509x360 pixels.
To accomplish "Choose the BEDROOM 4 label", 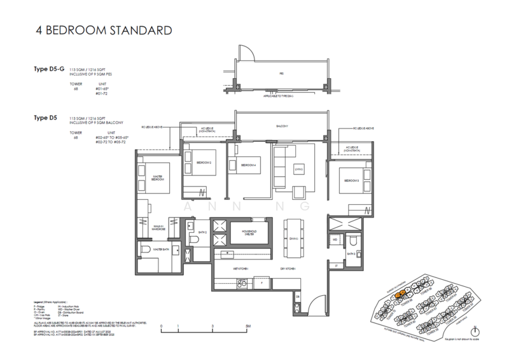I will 248,166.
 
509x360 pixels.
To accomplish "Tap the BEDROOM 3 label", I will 351,181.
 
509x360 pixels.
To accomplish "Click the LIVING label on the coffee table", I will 296,169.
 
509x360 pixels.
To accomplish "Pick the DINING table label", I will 294,238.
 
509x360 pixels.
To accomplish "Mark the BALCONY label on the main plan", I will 281,127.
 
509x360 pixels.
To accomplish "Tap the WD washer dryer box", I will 335,240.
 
